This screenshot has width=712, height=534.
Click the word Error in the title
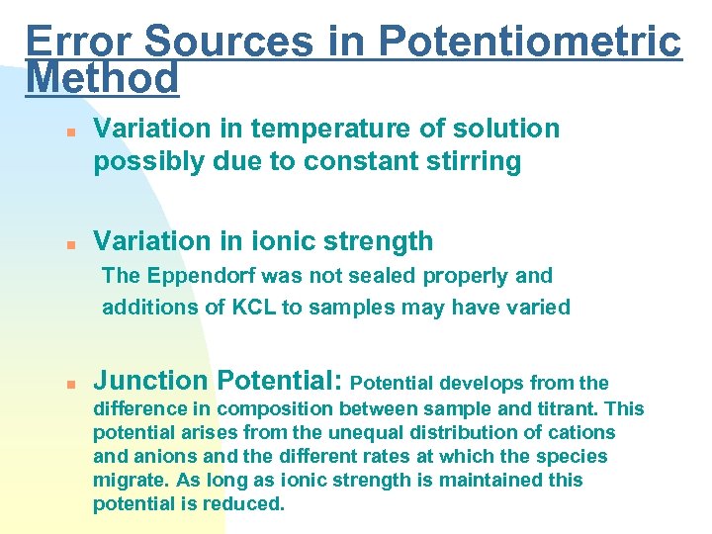(81, 42)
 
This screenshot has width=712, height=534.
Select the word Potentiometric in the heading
(530, 42)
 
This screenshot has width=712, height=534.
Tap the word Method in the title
(103, 77)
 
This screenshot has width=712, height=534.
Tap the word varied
(540, 308)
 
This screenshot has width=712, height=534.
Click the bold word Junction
(150, 381)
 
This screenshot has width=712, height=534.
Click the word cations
(580, 432)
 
